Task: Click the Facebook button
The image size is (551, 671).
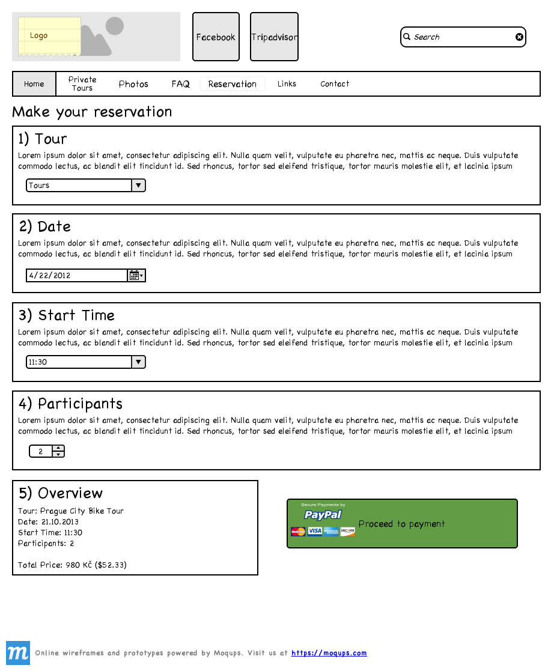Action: pyautogui.click(x=216, y=37)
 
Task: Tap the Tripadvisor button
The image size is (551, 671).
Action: pyautogui.click(x=274, y=37)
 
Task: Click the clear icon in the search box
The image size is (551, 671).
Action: pyautogui.click(x=519, y=37)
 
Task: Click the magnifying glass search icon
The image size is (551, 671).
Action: pyautogui.click(x=407, y=37)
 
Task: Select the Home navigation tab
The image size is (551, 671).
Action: pyautogui.click(x=34, y=84)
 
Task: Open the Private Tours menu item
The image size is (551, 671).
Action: pyautogui.click(x=82, y=84)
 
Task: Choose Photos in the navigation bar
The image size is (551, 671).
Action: pyautogui.click(x=133, y=84)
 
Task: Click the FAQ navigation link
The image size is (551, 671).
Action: pyautogui.click(x=180, y=84)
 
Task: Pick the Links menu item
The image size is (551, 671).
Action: pyautogui.click(x=287, y=84)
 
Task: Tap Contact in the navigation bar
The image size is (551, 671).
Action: pyautogui.click(x=335, y=84)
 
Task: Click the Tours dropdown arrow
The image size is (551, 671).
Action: pyautogui.click(x=138, y=186)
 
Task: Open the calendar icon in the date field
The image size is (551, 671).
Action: pyautogui.click(x=135, y=276)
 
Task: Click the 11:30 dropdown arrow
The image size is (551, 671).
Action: pyautogui.click(x=138, y=362)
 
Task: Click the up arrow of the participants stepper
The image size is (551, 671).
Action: pyautogui.click(x=58, y=448)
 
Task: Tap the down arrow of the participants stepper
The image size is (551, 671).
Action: pyautogui.click(x=58, y=455)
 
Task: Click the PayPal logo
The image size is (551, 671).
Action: pyautogui.click(x=323, y=515)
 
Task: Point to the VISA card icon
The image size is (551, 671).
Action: pyautogui.click(x=315, y=532)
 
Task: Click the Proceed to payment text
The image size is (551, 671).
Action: pyautogui.click(x=401, y=524)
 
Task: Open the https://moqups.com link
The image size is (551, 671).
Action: pyautogui.click(x=329, y=653)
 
